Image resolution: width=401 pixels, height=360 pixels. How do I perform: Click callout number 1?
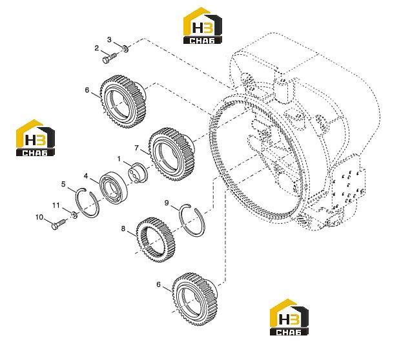point(119,159)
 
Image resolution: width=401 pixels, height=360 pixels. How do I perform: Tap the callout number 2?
point(96,48)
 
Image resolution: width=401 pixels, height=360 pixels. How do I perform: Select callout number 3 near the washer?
point(109,39)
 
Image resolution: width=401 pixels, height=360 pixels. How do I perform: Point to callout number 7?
point(136,148)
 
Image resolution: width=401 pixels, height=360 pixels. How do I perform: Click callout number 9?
point(167,203)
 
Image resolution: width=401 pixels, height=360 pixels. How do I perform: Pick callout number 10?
point(39,217)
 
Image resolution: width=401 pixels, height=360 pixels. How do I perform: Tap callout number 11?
point(56,205)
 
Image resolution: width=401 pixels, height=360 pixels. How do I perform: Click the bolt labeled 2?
point(110,58)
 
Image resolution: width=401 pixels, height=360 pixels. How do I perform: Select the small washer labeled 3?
point(125,48)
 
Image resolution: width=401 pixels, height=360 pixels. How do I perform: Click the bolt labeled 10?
point(59,224)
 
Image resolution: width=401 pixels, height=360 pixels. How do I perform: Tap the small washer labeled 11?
point(74,215)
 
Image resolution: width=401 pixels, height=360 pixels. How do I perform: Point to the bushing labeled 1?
point(138,173)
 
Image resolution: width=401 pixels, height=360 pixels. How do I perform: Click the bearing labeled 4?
point(113,188)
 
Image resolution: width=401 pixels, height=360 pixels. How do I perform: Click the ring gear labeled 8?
point(155,240)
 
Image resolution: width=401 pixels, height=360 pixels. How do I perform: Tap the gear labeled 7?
point(172,154)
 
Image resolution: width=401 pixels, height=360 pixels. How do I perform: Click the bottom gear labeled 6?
point(195,299)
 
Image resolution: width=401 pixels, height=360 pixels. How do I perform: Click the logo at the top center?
point(203,26)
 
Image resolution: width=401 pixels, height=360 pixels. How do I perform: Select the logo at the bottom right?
point(289,317)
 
